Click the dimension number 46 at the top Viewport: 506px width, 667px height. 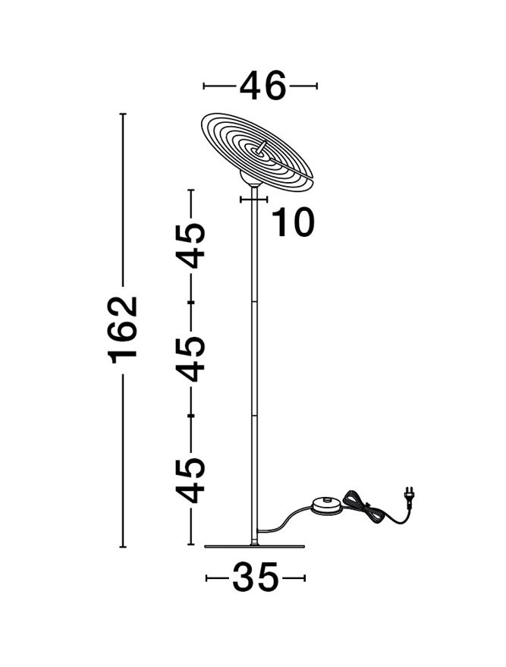pos(262,86)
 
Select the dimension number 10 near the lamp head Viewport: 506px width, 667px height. pos(293,222)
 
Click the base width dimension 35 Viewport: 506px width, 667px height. pos(255,577)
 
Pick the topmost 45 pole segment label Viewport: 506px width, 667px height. pos(191,245)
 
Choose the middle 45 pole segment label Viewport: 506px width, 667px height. pos(191,359)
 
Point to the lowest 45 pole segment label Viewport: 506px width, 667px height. pos(191,480)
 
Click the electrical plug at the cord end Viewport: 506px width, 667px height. pos(409,498)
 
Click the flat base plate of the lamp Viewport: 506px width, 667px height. pos(255,546)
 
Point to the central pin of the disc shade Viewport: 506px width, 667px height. pos(262,147)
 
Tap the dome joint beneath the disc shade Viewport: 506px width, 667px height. pos(250,179)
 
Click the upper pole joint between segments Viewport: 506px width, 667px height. pos(254,301)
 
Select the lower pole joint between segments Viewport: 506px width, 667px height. pos(254,415)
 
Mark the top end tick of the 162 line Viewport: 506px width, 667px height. pos(124,114)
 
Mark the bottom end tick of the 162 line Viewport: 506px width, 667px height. pos(124,546)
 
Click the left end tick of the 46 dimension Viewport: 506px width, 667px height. pos(204,86)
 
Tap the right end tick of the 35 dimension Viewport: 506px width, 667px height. pos(304,577)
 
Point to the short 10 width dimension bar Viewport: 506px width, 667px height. pos(254,199)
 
